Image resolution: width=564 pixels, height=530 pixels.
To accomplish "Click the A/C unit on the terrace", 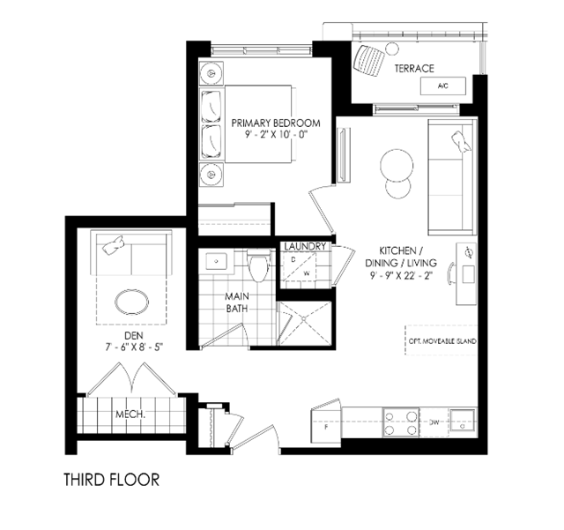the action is [x=443, y=86].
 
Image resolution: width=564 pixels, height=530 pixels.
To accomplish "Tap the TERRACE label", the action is [x=414, y=69].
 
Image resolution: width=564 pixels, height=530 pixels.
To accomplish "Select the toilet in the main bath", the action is [x=258, y=265].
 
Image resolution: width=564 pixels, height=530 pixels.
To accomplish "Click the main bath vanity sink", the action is [x=216, y=261].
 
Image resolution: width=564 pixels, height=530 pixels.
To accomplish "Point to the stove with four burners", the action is [x=401, y=422].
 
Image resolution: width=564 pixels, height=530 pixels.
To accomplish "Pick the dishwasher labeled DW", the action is [x=434, y=422].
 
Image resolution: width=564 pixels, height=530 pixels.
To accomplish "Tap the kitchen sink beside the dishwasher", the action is [x=463, y=422].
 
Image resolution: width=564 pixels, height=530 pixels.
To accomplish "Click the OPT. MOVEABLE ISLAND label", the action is [x=442, y=341].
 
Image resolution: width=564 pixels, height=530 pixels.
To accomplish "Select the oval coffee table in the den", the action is [x=131, y=302].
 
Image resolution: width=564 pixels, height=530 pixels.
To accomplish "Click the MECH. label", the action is [x=130, y=414].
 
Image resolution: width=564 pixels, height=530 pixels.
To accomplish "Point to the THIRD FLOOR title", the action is [x=112, y=480].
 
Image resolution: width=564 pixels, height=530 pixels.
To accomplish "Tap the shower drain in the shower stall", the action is [x=304, y=318].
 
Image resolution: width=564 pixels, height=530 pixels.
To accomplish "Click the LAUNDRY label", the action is [x=305, y=247].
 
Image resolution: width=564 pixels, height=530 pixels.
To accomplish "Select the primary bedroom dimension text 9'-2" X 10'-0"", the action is [x=276, y=135].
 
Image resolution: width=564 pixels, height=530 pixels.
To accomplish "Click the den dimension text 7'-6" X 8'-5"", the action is [x=134, y=347].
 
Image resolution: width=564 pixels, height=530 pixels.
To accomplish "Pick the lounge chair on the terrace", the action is [x=369, y=61].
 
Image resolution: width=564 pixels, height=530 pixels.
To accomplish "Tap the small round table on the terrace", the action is [x=392, y=49].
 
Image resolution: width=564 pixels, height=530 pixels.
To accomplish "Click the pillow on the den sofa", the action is [x=114, y=245].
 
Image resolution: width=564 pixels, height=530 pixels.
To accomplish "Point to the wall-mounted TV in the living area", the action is [x=344, y=155].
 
